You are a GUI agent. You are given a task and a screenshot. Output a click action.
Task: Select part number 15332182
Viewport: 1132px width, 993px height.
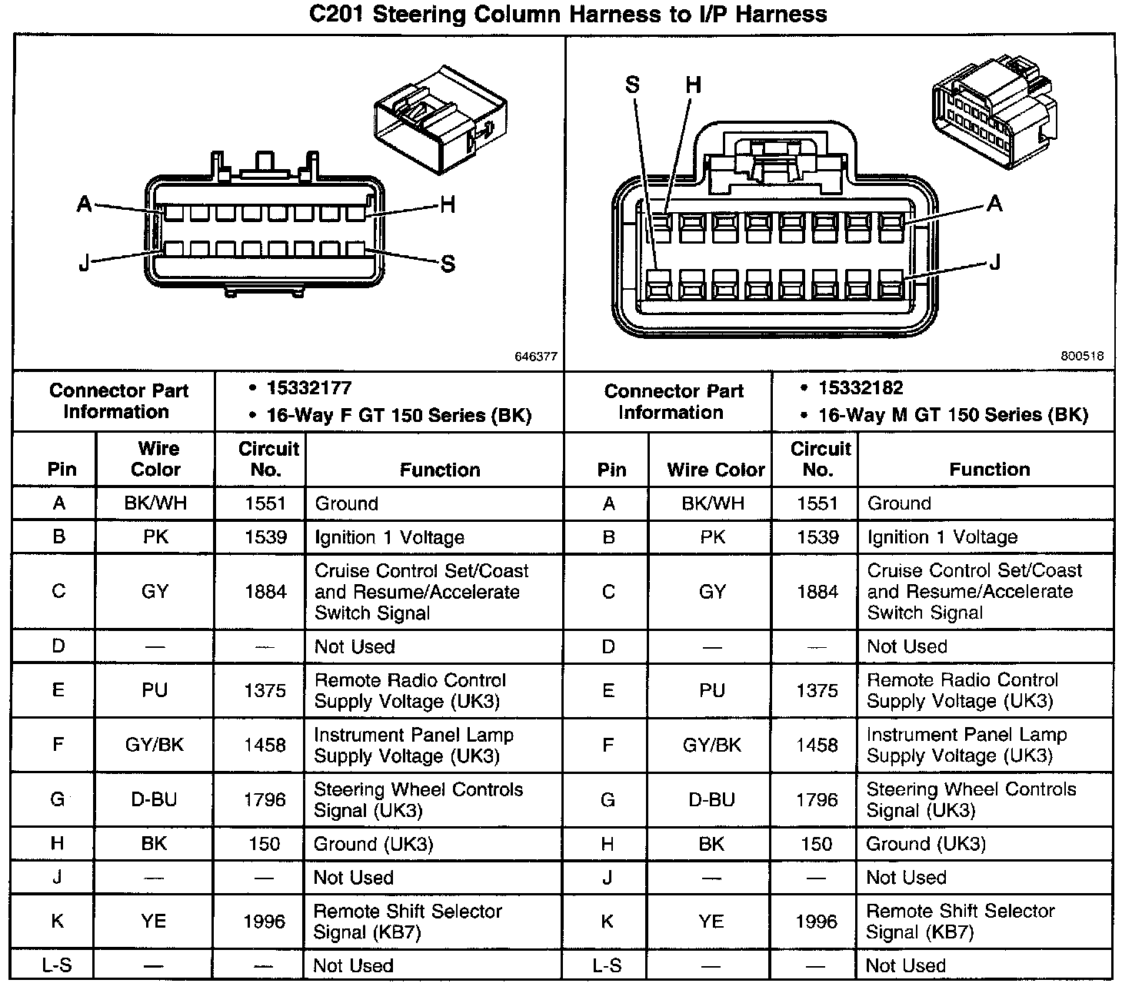[861, 388]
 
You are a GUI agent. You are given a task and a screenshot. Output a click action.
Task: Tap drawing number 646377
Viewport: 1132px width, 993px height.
[536, 357]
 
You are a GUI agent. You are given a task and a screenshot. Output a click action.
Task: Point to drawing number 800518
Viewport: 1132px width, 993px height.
[1082, 356]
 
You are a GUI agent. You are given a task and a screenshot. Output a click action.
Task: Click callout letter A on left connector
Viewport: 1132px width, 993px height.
[85, 204]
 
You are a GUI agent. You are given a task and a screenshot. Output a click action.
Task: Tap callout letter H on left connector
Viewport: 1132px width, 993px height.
[448, 204]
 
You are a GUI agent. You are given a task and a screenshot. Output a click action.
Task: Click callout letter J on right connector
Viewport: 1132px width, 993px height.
[994, 263]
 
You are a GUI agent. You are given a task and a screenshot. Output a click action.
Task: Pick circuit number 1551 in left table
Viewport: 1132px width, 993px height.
[265, 503]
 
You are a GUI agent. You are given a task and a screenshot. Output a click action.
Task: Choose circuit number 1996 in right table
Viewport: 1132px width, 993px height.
[817, 921]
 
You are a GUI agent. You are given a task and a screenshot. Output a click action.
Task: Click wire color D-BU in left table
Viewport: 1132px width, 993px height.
[154, 799]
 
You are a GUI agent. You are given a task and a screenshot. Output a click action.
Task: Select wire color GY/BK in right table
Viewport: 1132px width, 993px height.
[712, 744]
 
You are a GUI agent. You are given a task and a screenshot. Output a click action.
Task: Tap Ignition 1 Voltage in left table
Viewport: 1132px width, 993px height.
[389, 537]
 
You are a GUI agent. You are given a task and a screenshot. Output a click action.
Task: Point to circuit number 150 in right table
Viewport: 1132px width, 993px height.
[817, 844]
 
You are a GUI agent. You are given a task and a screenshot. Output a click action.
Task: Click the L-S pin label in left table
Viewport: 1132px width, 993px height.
[57, 965]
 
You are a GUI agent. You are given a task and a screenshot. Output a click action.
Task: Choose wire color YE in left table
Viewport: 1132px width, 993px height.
[154, 921]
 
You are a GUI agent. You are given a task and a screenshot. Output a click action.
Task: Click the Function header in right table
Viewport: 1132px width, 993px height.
[990, 469]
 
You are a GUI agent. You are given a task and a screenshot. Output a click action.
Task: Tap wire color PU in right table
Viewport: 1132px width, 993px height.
[712, 689]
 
